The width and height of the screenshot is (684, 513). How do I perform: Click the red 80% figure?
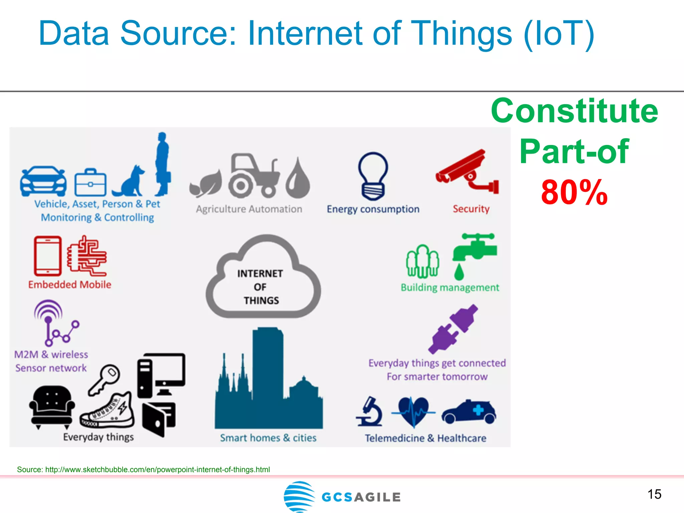(x=574, y=193)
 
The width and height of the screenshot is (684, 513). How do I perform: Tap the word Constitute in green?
(x=574, y=111)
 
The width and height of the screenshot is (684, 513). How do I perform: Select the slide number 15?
(x=654, y=494)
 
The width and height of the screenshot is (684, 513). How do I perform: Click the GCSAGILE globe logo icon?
(x=299, y=496)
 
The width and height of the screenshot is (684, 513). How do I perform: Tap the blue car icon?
(x=43, y=181)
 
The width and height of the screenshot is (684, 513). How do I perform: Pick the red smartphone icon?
(x=48, y=256)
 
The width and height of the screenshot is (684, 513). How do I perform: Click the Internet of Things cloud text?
(x=261, y=287)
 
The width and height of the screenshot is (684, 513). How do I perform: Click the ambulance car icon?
(x=469, y=412)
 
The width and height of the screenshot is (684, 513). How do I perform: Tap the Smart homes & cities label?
(x=268, y=438)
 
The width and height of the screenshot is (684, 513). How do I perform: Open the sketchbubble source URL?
(x=157, y=470)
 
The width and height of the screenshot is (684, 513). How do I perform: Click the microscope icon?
(x=370, y=412)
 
